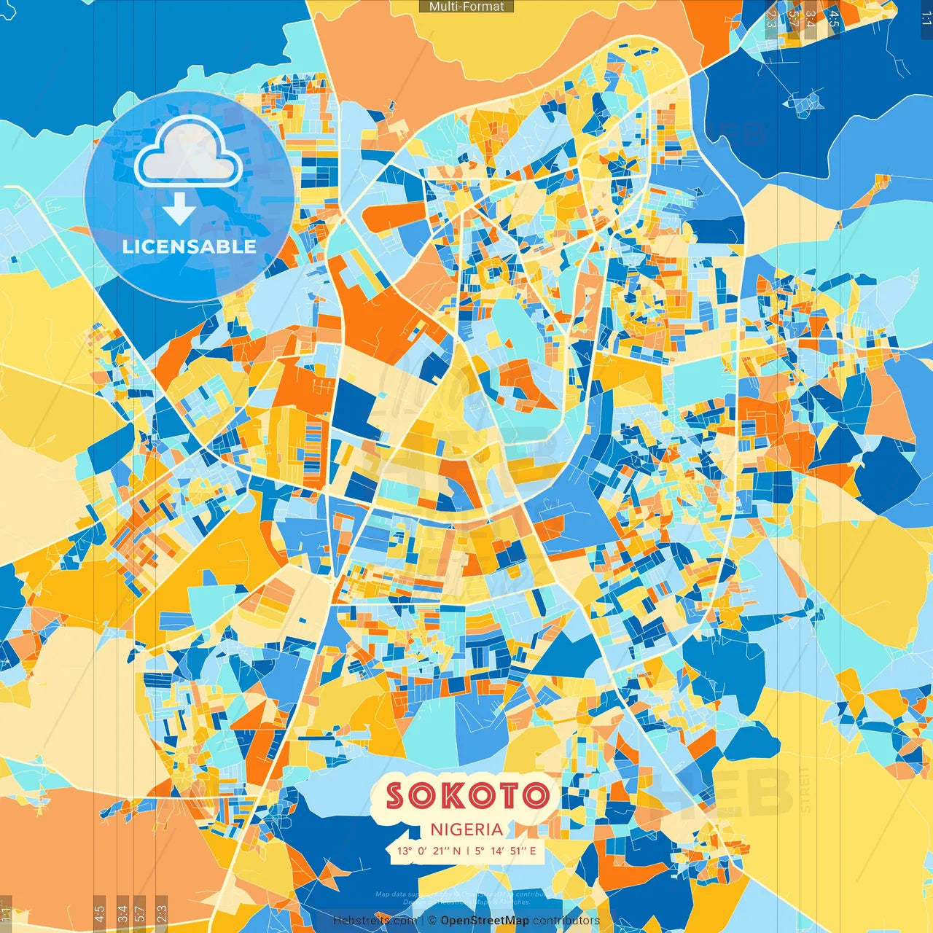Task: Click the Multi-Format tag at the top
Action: pyautogui.click(x=466, y=7)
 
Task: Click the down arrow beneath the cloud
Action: pyautogui.click(x=179, y=211)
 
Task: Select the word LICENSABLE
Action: pyautogui.click(x=190, y=246)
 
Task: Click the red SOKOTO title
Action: pyautogui.click(x=466, y=795)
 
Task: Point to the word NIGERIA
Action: pyautogui.click(x=466, y=829)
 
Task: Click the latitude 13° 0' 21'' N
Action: pyautogui.click(x=429, y=851)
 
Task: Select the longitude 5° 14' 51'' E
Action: pyautogui.click(x=506, y=851)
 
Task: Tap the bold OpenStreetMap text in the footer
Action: pyautogui.click(x=485, y=921)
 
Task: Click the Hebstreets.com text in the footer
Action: pyautogui.click(x=375, y=921)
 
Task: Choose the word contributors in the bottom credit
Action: pyautogui.click(x=566, y=921)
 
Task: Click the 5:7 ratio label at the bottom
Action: pyautogui.click(x=140, y=913)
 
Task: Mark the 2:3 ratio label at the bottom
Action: pyautogui.click(x=162, y=913)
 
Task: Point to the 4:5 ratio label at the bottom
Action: pyautogui.click(x=100, y=913)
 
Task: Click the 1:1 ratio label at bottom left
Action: pyautogui.click(x=6, y=914)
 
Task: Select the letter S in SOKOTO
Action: pyautogui.click(x=394, y=795)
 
